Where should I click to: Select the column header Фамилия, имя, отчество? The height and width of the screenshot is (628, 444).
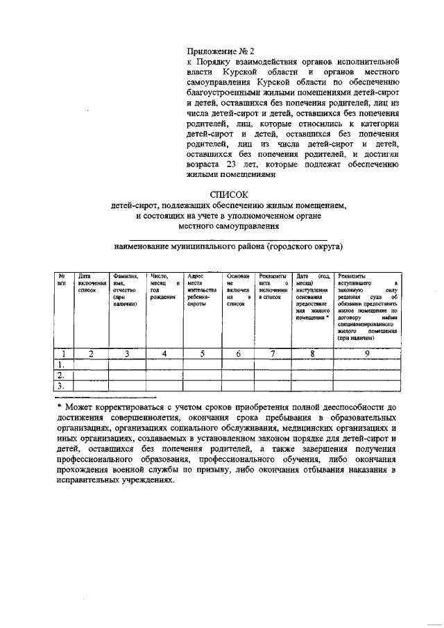tap(125, 289)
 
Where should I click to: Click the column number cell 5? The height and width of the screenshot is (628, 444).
tap(203, 354)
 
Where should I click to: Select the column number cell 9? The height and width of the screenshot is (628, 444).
tap(367, 354)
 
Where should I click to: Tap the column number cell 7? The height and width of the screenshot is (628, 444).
tap(273, 354)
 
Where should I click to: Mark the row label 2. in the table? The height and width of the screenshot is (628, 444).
tap(61, 375)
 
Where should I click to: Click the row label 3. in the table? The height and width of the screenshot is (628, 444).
tap(61, 387)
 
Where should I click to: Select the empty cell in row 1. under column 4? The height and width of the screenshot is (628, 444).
tap(164, 364)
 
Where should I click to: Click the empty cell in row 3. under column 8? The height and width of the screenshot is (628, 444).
tap(312, 387)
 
